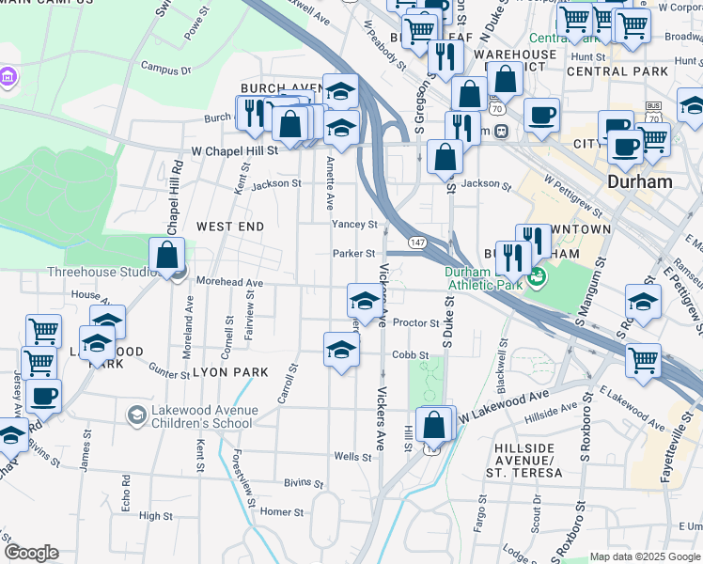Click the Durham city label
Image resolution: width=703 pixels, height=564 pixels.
(x=639, y=181)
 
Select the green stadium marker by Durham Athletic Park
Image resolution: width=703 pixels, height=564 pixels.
(x=537, y=277)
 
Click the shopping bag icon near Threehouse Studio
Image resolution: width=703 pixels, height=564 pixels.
(x=166, y=255)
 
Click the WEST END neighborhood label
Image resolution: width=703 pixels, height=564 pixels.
(x=230, y=227)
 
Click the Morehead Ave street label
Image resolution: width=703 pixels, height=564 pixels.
(x=228, y=282)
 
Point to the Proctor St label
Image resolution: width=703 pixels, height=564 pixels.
(x=415, y=323)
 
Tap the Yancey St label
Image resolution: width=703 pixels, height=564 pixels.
(x=354, y=225)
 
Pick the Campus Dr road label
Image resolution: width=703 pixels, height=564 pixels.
(x=165, y=69)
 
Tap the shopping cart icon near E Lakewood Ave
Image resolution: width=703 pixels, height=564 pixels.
(x=643, y=360)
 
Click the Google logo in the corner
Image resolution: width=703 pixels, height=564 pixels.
(x=31, y=553)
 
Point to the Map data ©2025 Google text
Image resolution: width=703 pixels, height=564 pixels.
(x=645, y=556)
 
